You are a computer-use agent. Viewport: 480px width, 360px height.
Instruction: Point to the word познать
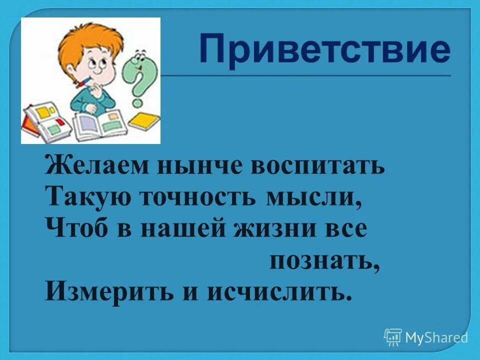(322, 260)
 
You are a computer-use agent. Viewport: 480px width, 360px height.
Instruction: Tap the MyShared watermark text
(436, 337)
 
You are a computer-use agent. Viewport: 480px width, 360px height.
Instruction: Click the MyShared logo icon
(393, 337)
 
